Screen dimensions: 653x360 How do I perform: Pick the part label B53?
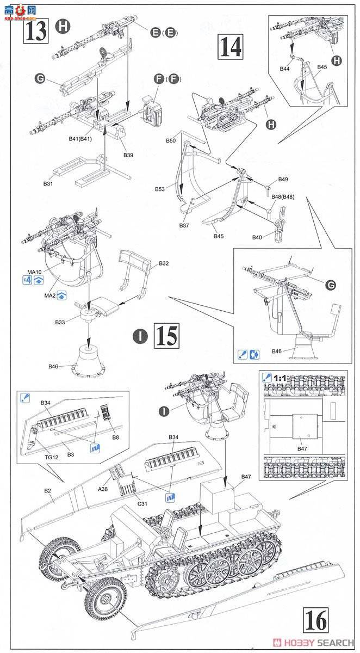[x=160, y=189]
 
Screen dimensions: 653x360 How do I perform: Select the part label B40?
[x=258, y=237]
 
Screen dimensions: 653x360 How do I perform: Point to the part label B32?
[x=164, y=263]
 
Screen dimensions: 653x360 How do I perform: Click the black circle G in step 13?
[x=40, y=79]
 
